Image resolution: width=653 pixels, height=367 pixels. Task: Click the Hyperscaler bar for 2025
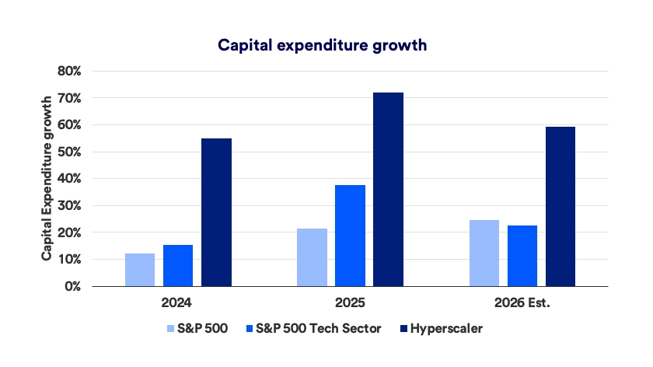[389, 190]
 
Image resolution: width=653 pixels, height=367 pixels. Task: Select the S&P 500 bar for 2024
[140, 270]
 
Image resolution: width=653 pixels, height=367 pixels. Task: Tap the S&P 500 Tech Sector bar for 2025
[351, 236]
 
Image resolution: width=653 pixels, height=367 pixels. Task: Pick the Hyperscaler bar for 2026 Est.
[560, 207]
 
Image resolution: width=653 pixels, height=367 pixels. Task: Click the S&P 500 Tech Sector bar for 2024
[178, 266]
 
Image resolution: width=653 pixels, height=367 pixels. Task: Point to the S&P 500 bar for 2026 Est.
[484, 253]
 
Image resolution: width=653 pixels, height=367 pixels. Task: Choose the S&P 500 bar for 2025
[313, 257]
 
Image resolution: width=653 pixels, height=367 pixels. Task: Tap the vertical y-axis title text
[47, 178]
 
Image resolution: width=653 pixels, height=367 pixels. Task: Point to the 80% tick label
[69, 71]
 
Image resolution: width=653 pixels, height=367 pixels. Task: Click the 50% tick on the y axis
[69, 152]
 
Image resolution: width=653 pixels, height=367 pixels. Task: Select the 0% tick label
[73, 286]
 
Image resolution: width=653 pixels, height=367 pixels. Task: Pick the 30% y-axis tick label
[69, 205]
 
